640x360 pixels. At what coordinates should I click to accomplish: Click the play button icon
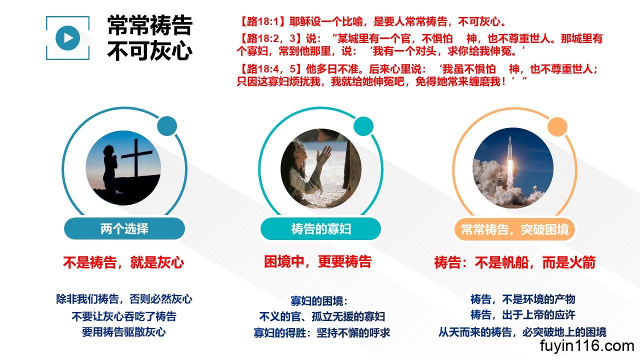(x=67, y=38)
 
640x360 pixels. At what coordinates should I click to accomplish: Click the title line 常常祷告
(x=150, y=25)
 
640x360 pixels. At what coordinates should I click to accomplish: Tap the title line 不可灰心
(x=150, y=51)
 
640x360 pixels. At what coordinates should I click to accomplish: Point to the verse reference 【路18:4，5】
(x=269, y=69)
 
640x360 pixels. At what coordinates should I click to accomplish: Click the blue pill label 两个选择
(x=124, y=228)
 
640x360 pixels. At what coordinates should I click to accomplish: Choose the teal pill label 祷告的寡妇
(x=321, y=229)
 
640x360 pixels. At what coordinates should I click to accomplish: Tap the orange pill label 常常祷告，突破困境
(x=515, y=229)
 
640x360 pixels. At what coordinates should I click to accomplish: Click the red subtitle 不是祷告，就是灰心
(x=123, y=262)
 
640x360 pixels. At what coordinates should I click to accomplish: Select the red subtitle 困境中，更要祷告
(x=317, y=261)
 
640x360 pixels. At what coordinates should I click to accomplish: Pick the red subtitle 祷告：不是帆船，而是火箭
(x=515, y=262)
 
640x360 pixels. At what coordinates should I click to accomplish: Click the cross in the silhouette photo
(x=136, y=157)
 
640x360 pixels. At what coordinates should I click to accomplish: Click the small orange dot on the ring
(x=557, y=126)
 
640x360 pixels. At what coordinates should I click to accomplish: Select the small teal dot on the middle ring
(x=363, y=126)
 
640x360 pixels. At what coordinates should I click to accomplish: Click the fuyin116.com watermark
(x=587, y=346)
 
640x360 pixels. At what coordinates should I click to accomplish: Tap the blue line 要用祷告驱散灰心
(x=123, y=332)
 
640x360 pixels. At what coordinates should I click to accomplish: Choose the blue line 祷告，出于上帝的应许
(x=523, y=315)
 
